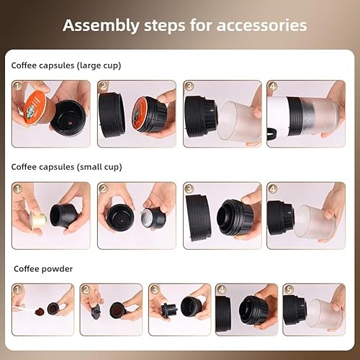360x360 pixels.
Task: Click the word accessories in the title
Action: tap(262, 26)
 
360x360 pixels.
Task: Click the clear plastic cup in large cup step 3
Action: tap(235, 115)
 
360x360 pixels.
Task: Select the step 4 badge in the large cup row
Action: tap(273, 86)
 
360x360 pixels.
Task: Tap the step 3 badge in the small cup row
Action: tap(189, 188)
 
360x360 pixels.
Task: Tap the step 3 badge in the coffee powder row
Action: tap(155, 289)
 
